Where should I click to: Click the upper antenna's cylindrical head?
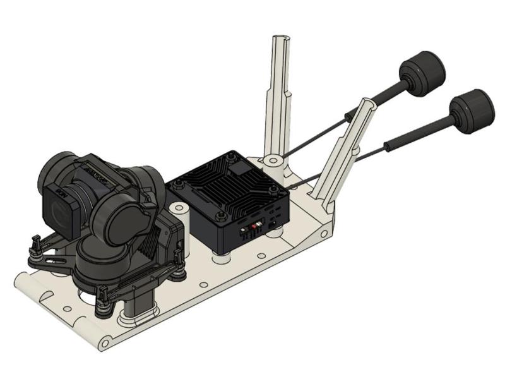(x=424, y=70)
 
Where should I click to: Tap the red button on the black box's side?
(x=255, y=226)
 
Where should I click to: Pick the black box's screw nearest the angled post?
(x=272, y=188)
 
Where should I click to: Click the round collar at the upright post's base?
(x=272, y=161)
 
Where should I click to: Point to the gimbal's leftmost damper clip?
(x=35, y=243)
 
